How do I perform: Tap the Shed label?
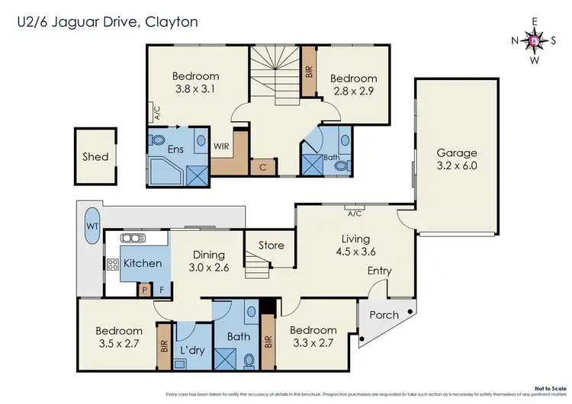pos(95,157)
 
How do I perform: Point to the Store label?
pos(271,245)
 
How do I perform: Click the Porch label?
pos(384,316)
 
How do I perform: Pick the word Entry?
pos(381,271)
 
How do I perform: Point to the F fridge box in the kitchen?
pos(161,290)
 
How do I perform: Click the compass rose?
pos(533,40)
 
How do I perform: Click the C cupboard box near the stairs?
pos(262,166)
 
